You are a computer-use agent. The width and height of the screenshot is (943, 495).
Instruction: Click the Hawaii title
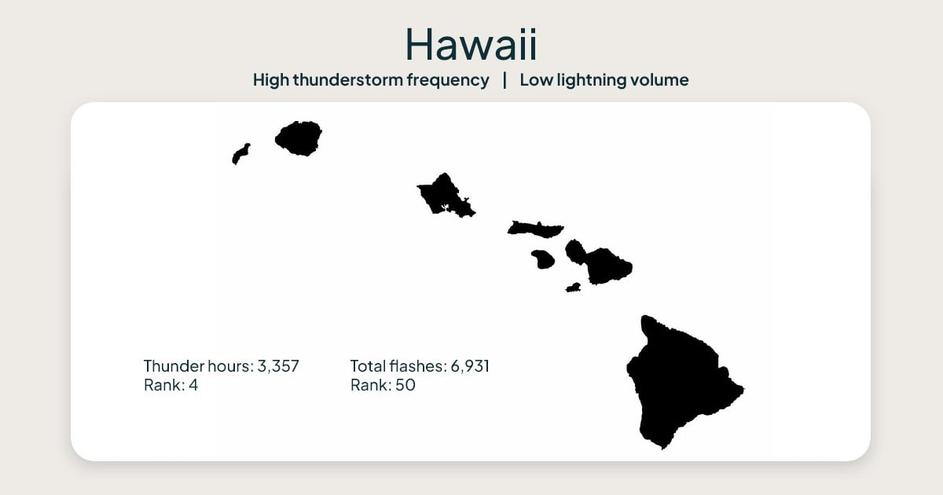471,44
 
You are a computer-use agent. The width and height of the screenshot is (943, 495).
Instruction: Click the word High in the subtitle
270,80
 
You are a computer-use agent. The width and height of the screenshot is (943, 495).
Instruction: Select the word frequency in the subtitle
456,80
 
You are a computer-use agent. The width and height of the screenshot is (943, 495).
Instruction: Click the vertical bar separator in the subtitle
505,80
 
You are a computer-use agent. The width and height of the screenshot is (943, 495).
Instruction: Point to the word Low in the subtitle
534,80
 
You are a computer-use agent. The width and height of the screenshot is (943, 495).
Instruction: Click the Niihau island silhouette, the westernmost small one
240,154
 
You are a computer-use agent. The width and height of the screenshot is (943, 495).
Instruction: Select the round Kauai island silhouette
299,138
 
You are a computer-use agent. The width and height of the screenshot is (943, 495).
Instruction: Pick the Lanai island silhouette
542,258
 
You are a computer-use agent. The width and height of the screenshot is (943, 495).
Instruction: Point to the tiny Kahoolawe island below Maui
573,288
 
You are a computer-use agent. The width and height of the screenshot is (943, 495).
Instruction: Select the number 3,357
278,366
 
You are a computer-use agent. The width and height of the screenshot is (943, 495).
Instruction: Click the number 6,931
470,366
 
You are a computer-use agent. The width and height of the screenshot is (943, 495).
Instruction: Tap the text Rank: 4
171,386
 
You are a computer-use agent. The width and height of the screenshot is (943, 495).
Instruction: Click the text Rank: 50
383,386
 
